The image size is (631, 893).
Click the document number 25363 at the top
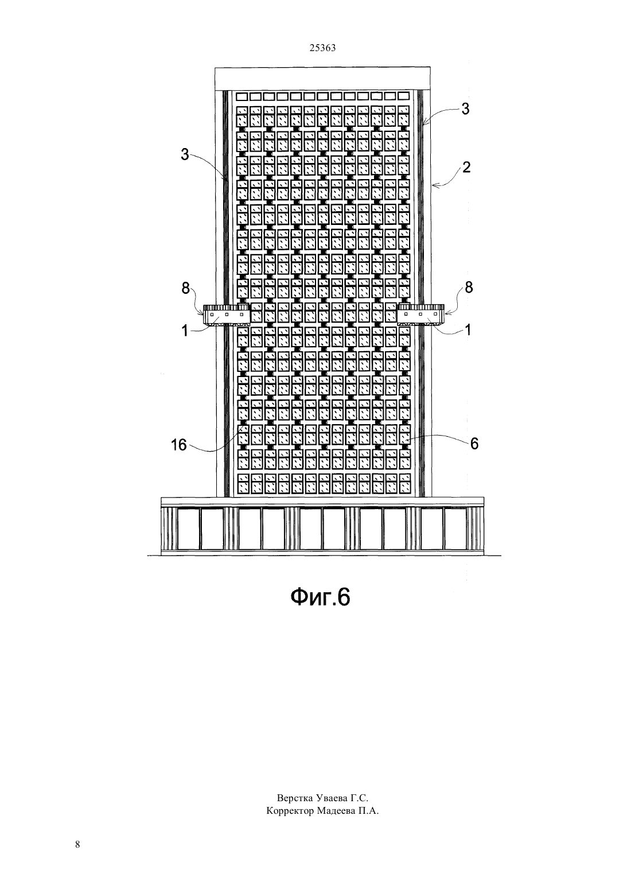tap(322, 48)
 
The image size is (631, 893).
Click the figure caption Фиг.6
tap(321, 597)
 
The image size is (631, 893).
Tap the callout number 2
tap(466, 167)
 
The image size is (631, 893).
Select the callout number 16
tap(179, 445)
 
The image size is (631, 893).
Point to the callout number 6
tap(474, 443)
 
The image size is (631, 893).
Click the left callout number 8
tap(186, 288)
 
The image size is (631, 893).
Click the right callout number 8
tap(469, 287)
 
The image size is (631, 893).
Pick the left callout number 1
tap(185, 331)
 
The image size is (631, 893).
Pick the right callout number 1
tap(468, 329)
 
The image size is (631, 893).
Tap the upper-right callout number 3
tap(465, 109)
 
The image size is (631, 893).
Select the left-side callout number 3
tap(185, 155)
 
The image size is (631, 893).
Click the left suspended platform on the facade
tap(227, 315)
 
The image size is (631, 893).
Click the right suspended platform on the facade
tap(420, 315)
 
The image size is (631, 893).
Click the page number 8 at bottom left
tap(77, 844)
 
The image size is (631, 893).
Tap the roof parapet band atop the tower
tap(322, 78)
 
